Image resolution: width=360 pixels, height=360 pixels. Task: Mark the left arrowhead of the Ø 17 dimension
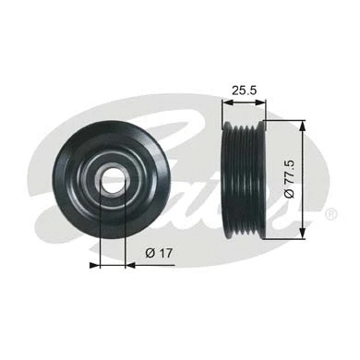tap(95, 265)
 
